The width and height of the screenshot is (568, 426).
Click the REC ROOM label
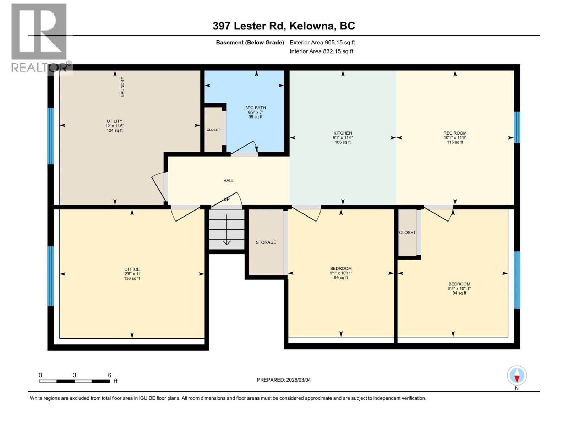click(455, 133)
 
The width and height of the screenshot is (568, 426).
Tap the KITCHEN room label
click(343, 133)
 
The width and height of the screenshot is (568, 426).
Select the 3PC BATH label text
click(255, 108)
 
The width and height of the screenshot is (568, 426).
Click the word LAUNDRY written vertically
click(122, 87)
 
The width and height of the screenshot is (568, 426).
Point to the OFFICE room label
click(132, 269)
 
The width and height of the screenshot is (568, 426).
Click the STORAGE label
click(266, 242)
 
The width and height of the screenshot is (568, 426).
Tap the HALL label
click(228, 181)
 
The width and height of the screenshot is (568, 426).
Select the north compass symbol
click(517, 376)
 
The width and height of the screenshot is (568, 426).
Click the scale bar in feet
click(75, 381)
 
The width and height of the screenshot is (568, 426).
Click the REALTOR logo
click(40, 37)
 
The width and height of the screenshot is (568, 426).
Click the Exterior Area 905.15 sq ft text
click(322, 42)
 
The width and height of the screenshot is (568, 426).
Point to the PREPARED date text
click(284, 380)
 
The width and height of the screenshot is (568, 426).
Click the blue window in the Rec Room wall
click(517, 127)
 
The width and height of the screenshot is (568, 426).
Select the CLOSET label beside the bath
click(213, 130)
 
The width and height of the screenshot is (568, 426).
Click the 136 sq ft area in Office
click(132, 278)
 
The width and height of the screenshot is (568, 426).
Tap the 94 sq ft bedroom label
click(459, 293)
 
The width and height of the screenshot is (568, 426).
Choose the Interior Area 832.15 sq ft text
click(321, 51)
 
